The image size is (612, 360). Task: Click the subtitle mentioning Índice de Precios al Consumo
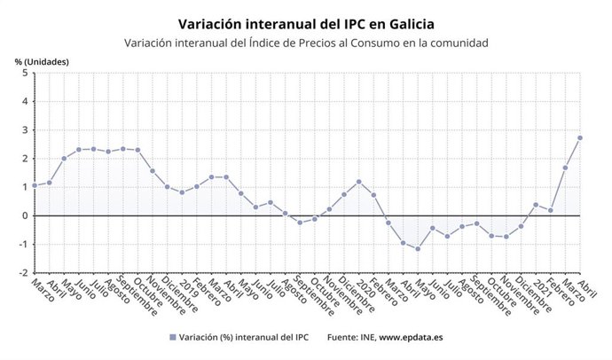click(306, 43)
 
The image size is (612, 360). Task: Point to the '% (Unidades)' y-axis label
click(42, 61)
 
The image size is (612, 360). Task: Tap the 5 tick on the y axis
click(24, 73)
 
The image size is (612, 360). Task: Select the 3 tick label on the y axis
click(24, 130)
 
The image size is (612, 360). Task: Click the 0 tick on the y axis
click(24, 215)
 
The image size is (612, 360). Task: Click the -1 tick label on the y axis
click(22, 245)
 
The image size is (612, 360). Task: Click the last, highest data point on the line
click(580, 137)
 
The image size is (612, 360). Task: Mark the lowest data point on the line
click(418, 248)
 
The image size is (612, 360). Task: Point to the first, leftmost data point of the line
click(35, 185)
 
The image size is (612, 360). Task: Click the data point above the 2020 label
click(358, 182)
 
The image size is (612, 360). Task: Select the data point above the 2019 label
click(182, 192)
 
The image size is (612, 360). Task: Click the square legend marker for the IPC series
click(171, 338)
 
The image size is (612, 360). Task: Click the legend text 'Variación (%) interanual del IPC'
click(240, 338)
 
